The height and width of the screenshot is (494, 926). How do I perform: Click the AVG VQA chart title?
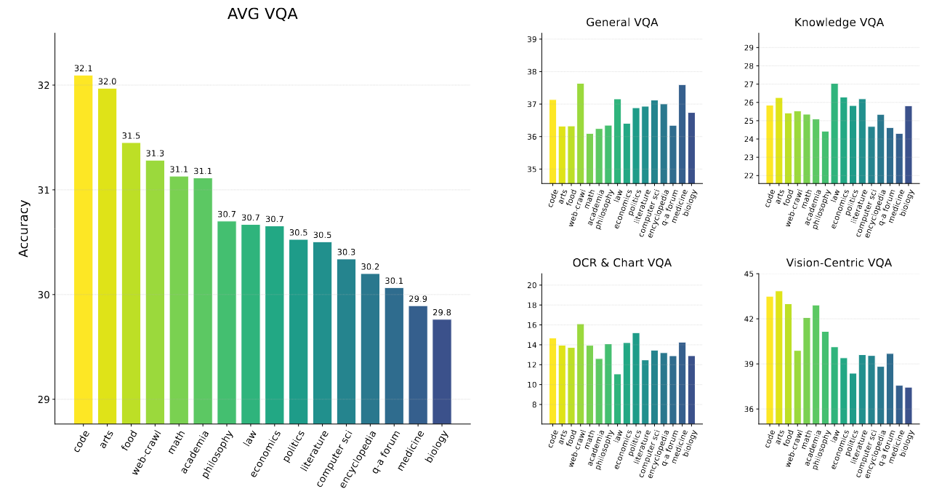(262, 14)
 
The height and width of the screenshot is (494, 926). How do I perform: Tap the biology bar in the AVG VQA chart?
(442, 371)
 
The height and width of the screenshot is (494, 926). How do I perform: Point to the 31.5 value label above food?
(131, 136)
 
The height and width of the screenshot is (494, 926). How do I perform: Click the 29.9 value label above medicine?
(418, 299)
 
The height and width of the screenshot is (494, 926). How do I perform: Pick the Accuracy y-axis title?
(24, 228)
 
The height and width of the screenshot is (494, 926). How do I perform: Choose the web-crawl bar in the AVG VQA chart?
(155, 292)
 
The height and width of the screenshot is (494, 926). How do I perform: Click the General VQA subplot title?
(621, 23)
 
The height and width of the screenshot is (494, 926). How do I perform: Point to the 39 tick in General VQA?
(531, 39)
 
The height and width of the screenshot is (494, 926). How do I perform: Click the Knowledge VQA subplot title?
(839, 23)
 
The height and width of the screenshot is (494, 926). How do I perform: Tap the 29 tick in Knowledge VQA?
(749, 48)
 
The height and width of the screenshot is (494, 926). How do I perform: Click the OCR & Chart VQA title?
(621, 263)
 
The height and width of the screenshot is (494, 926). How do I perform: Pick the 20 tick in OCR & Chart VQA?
(531, 285)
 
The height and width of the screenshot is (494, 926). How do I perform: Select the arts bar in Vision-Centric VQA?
(779, 357)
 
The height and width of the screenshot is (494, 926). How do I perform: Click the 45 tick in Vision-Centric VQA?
(749, 274)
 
